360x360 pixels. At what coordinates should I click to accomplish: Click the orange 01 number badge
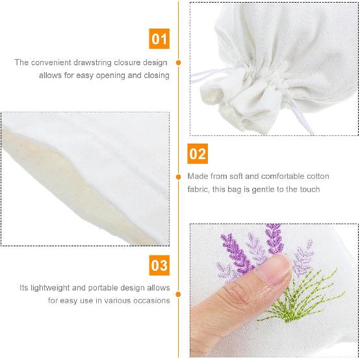click(x=159, y=39)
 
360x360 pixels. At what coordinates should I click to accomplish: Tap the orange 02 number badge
click(x=198, y=154)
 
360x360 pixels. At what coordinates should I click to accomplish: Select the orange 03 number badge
click(x=159, y=265)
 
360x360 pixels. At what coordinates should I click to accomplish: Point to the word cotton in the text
click(x=316, y=177)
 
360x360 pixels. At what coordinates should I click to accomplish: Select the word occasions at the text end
click(x=149, y=300)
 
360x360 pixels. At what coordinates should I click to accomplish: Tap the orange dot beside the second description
click(x=179, y=177)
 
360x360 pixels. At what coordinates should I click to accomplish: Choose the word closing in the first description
click(x=156, y=75)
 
